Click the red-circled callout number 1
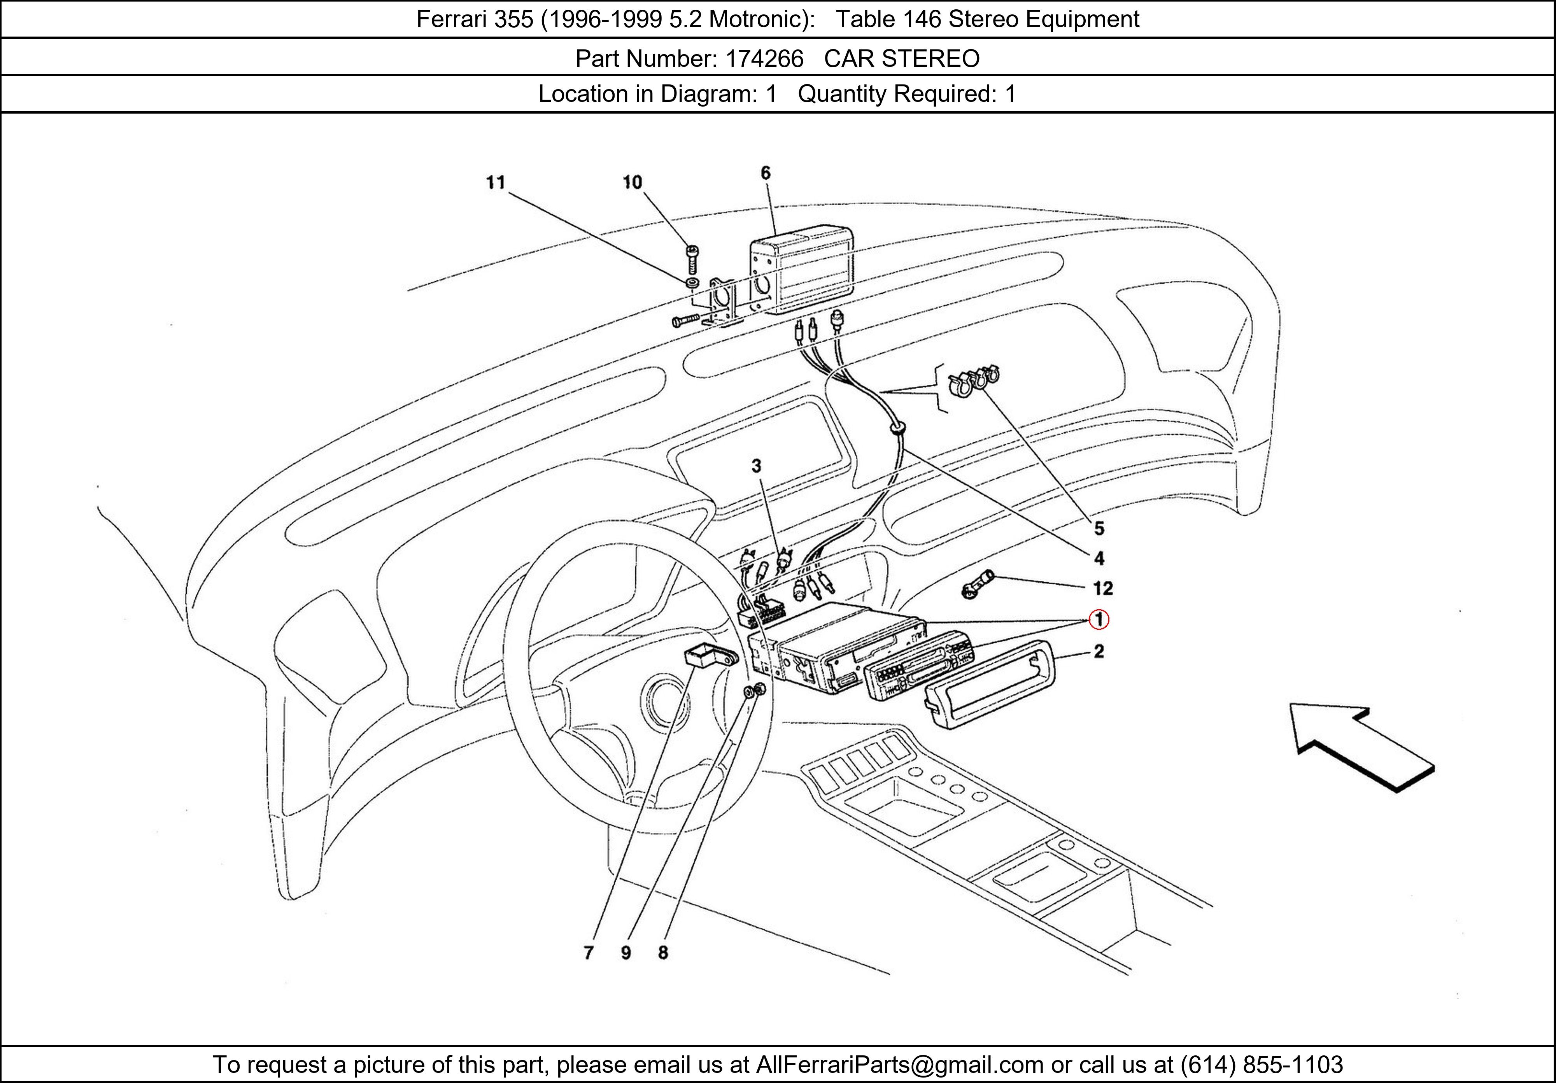tap(1099, 619)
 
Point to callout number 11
tap(496, 182)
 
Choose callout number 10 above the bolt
tap(632, 182)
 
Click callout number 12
tap(1102, 588)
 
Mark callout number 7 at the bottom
tap(588, 953)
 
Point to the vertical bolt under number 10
tap(692, 259)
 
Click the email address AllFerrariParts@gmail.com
tap(899, 1065)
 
